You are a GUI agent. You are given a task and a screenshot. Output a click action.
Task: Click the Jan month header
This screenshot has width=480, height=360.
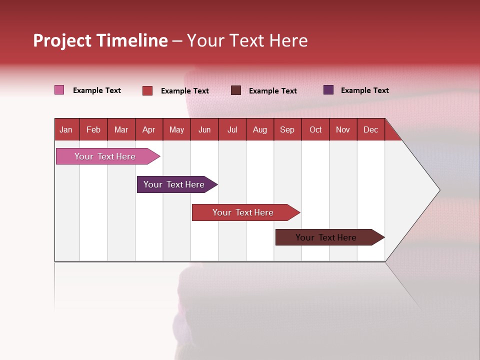(66, 129)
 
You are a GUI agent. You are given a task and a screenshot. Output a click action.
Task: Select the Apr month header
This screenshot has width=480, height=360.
(148, 129)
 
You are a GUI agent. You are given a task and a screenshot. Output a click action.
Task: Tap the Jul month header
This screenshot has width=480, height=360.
(232, 129)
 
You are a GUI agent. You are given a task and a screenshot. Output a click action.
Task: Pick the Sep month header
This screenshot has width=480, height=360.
(287, 129)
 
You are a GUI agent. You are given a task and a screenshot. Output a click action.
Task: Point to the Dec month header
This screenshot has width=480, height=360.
(370, 129)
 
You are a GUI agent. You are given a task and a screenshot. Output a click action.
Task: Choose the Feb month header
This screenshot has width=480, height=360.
(93, 129)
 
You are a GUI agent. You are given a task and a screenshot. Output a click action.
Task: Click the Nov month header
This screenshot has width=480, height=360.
(342, 129)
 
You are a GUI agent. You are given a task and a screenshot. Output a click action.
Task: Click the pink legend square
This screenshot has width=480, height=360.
(59, 90)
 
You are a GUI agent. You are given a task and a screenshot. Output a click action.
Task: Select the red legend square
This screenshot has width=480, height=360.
(147, 90)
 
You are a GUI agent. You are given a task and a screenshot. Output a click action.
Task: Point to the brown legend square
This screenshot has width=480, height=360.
(236, 90)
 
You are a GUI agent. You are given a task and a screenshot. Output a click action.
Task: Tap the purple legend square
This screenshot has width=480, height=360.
(328, 90)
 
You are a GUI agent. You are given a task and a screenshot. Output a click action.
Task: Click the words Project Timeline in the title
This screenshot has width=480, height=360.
(100, 40)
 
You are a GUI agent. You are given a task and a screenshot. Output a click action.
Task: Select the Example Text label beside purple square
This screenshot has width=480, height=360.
(364, 90)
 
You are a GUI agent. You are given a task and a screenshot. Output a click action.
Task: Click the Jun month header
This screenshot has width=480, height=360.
(204, 129)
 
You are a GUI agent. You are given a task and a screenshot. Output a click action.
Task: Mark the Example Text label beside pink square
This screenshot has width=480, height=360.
(97, 90)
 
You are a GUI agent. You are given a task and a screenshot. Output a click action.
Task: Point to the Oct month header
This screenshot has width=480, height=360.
(315, 129)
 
